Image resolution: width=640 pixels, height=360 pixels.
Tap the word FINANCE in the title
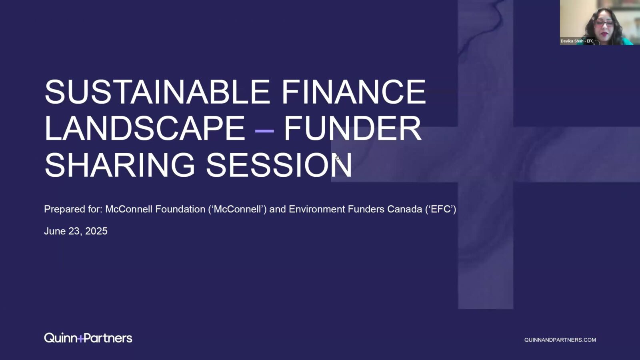pyautogui.click(x=354, y=92)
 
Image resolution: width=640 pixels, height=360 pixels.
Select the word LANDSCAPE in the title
pyautogui.click(x=145, y=128)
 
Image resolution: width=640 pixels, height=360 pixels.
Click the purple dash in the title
pyautogui.click(x=264, y=131)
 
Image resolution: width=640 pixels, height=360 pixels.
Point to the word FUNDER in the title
pyautogui.click(x=353, y=128)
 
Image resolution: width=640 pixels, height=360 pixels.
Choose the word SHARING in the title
pyautogui.click(x=120, y=165)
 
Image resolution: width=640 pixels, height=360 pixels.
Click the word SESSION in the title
pyautogui.click(x=279, y=165)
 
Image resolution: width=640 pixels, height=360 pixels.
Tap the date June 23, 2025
pyautogui.click(x=76, y=231)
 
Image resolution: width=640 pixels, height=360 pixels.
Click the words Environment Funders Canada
pyautogui.click(x=356, y=209)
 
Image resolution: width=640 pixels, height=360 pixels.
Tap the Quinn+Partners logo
pyautogui.click(x=88, y=338)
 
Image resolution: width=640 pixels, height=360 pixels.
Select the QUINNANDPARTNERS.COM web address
pyautogui.click(x=560, y=340)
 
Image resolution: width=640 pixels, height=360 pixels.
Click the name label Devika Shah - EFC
pyautogui.click(x=577, y=41)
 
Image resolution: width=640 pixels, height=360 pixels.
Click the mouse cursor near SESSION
pyautogui.click(x=338, y=158)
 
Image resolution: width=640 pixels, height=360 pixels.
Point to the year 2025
pyautogui.click(x=96, y=231)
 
